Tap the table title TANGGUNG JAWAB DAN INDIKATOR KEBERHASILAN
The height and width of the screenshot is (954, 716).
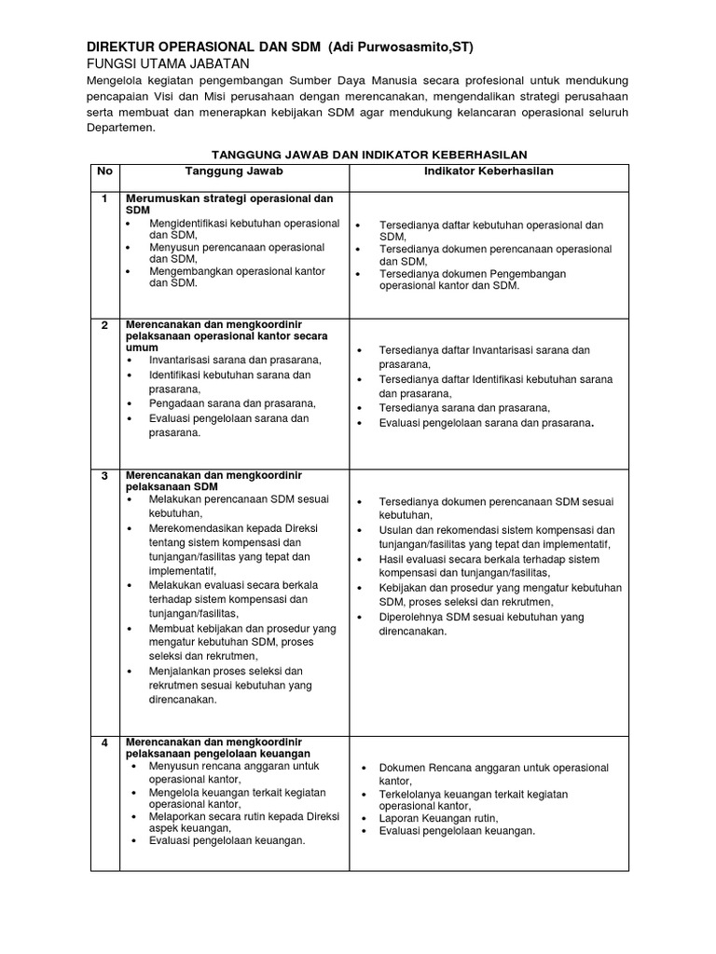tap(370, 155)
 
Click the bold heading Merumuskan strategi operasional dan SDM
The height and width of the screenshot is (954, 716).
tap(228, 205)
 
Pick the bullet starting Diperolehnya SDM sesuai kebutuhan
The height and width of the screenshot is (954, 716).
tap(480, 623)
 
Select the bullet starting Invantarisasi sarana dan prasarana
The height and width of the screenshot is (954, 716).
tap(235, 360)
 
